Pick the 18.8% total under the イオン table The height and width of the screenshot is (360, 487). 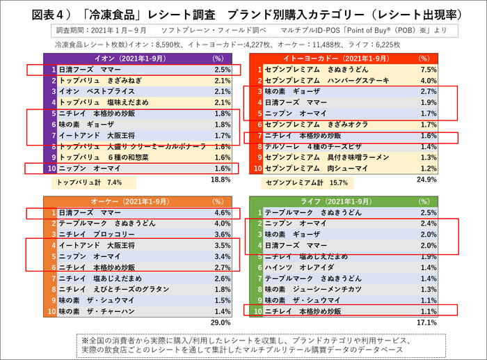pyautogui.click(x=221, y=180)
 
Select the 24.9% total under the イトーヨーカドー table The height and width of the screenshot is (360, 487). pyautogui.click(x=427, y=180)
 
